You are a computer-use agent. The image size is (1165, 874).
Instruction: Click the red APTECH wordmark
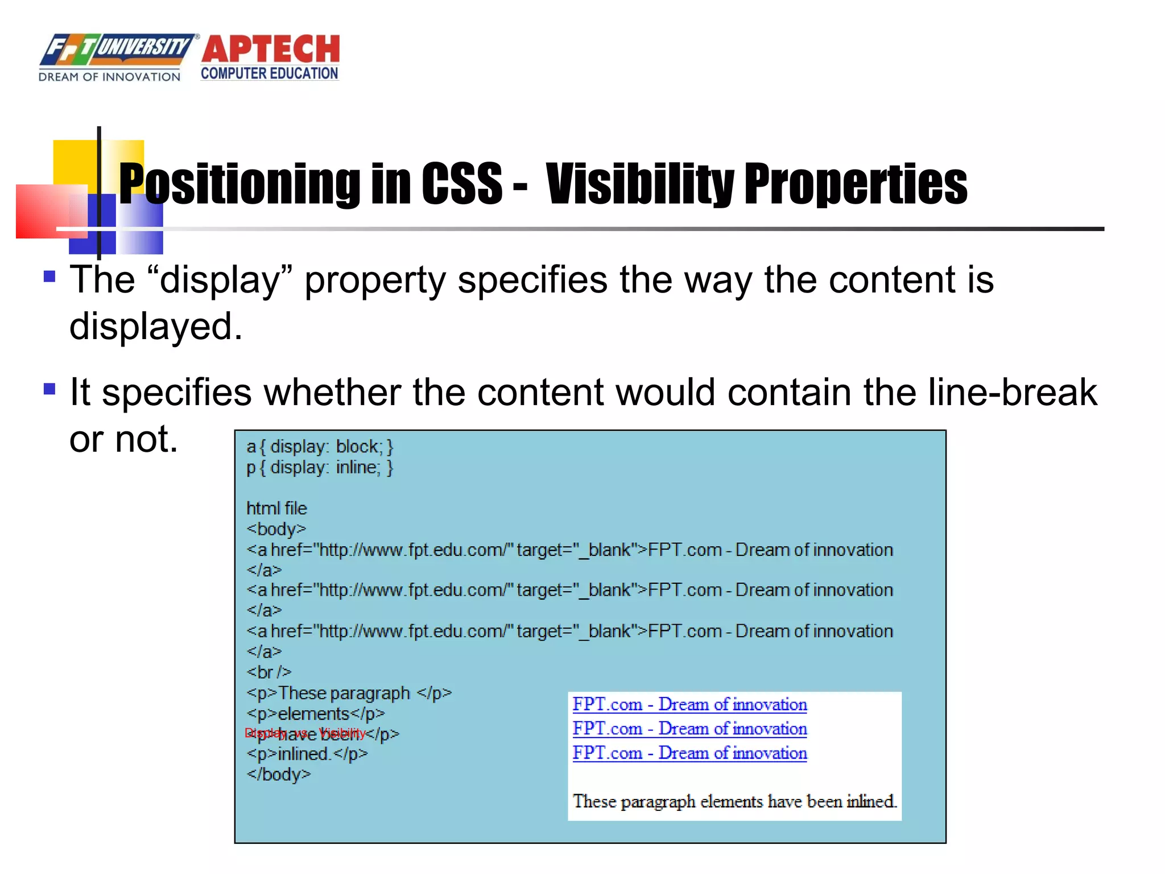pyautogui.click(x=270, y=49)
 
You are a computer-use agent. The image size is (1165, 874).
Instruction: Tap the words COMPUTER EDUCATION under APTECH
pyautogui.click(x=269, y=73)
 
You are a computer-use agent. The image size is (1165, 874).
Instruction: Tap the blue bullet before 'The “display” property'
pyautogui.click(x=50, y=277)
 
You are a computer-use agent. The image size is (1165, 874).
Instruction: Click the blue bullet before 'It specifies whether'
pyautogui.click(x=50, y=390)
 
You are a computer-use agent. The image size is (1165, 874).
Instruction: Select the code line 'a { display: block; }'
pyautogui.click(x=320, y=447)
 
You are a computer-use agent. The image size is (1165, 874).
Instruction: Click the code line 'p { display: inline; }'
pyautogui.click(x=320, y=468)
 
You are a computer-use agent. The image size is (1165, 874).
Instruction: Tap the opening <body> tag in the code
pyautogui.click(x=276, y=529)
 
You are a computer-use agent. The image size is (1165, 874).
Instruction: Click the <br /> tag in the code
pyautogui.click(x=269, y=672)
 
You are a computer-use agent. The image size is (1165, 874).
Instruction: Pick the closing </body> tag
pyautogui.click(x=279, y=774)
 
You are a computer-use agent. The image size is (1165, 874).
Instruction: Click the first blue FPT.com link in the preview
pyautogui.click(x=689, y=704)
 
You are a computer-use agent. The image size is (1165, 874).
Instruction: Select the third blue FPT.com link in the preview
pyautogui.click(x=689, y=753)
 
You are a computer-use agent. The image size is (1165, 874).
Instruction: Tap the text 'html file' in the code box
pyautogui.click(x=276, y=508)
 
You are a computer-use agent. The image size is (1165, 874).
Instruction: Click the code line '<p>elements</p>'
pyautogui.click(x=316, y=714)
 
